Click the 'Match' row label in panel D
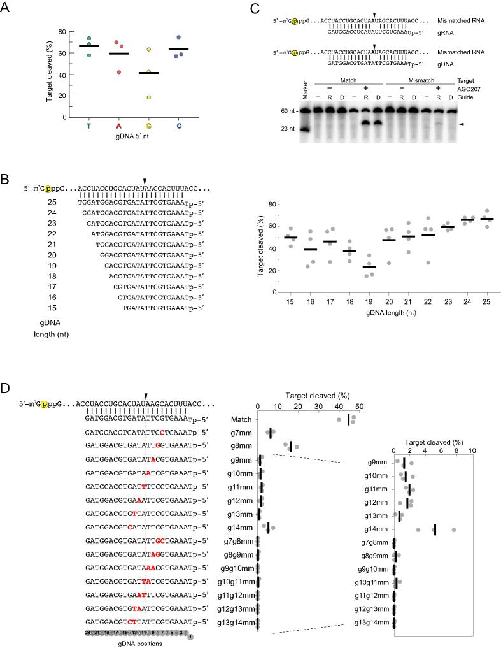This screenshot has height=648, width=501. (x=242, y=419)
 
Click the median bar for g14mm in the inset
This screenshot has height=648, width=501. (x=434, y=529)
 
